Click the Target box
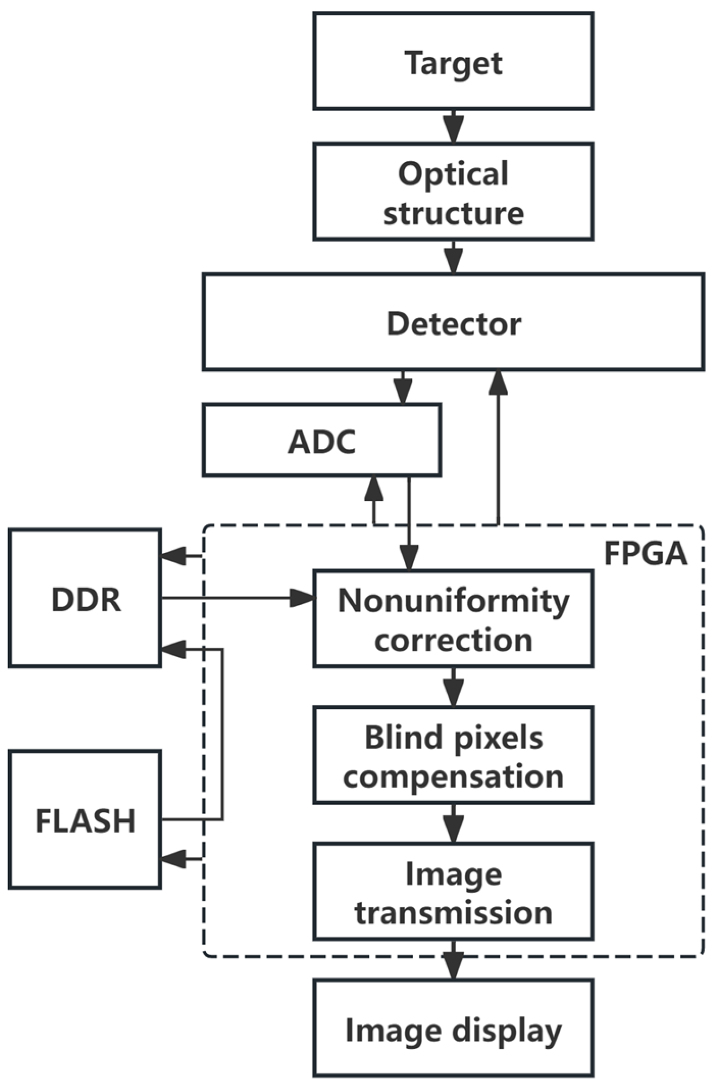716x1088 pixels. pos(453,61)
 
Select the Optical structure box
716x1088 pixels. pos(453,191)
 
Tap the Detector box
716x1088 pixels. pos(453,322)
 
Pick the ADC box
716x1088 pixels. pos(321,440)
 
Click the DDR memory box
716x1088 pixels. pos(85,598)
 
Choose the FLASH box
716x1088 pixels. pos(85,820)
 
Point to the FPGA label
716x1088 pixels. pos(645,553)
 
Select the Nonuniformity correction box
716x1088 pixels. pos(453,619)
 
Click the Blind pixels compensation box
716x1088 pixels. pos(453,755)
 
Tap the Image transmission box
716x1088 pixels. pos(453,892)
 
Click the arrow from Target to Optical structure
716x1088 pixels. pos(453,126)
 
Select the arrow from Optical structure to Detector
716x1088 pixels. pos(453,257)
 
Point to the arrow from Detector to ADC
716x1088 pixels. pos(402,387)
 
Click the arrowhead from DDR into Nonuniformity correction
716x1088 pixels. pos(302,598)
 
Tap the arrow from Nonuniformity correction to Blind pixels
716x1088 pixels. pos(453,687)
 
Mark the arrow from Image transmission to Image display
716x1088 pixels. pos(453,960)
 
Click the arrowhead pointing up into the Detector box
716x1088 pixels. pos(498,382)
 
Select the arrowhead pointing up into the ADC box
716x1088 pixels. pos(373,488)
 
